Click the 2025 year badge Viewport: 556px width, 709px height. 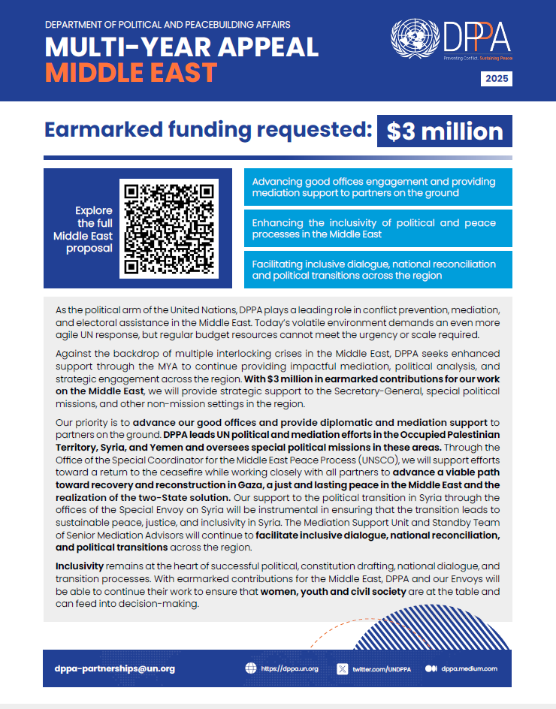[497, 79]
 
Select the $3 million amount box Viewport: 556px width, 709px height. [445, 131]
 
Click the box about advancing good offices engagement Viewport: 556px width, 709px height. [378, 187]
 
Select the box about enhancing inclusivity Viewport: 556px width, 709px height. [378, 228]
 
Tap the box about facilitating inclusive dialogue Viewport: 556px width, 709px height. [378, 270]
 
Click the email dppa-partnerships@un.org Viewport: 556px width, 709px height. [115, 668]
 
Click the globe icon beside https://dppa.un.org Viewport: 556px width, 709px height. [251, 668]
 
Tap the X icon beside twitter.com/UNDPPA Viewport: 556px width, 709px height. [343, 668]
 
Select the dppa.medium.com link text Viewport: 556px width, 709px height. [470, 668]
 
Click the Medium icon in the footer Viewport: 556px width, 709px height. [431, 668]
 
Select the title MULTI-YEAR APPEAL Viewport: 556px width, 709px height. [182, 47]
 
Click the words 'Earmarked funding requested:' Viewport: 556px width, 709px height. [208, 130]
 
